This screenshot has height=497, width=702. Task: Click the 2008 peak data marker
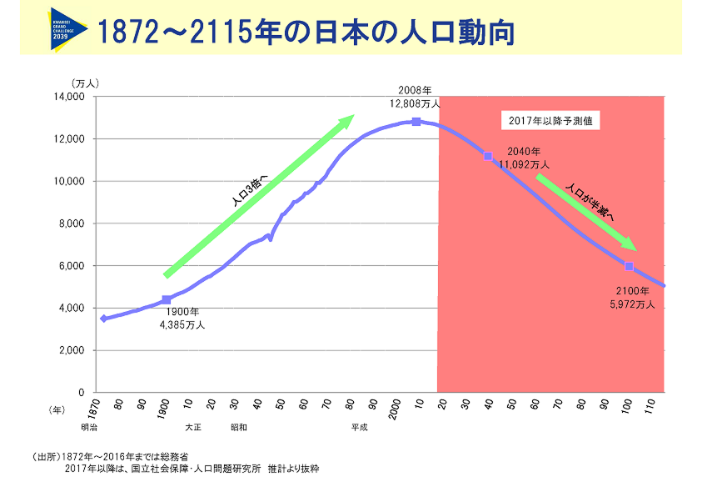click(416, 122)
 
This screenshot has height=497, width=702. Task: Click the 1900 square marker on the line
click(167, 299)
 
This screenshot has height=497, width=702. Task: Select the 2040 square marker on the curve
click(488, 156)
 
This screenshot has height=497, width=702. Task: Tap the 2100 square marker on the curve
click(630, 266)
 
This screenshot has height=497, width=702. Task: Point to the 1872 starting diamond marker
click(103, 319)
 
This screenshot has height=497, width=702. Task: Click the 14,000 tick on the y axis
click(71, 97)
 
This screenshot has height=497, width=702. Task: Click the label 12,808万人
click(415, 104)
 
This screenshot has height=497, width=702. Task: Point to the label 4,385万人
click(182, 324)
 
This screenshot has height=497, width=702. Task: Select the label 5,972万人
click(633, 304)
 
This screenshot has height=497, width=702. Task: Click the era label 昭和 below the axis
click(239, 427)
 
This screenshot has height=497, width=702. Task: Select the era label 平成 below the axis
click(359, 427)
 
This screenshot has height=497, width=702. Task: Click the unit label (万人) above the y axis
click(85, 83)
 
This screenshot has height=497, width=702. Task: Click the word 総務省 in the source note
click(174, 457)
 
